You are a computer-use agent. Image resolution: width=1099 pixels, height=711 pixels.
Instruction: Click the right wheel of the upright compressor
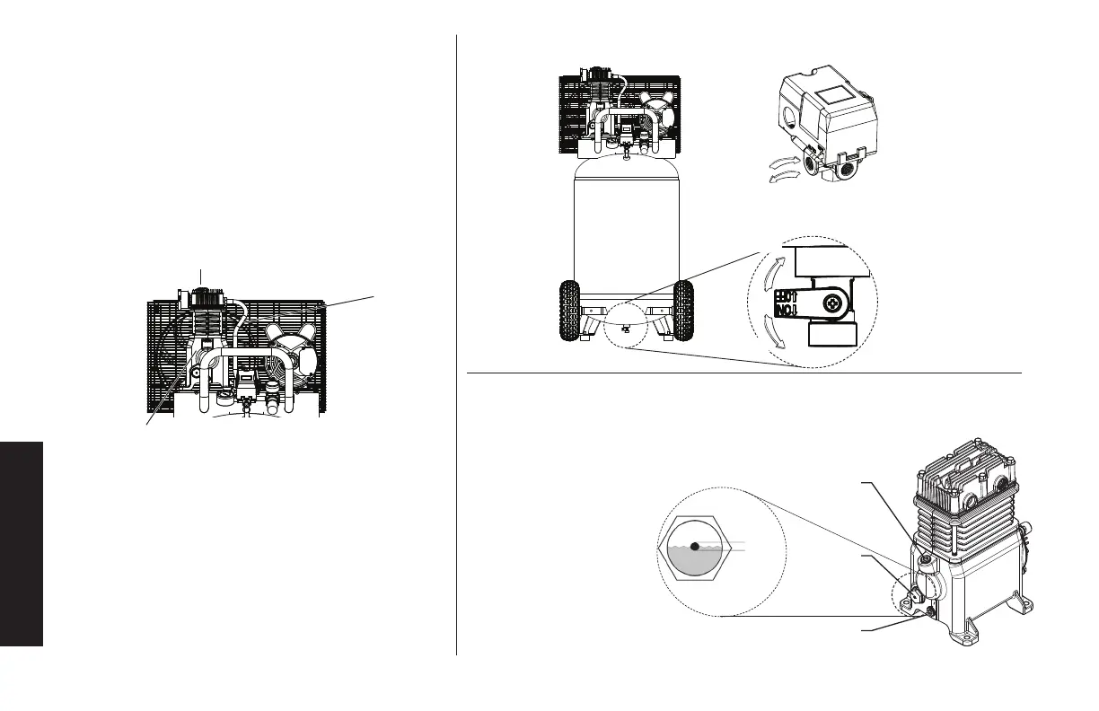pos(683,311)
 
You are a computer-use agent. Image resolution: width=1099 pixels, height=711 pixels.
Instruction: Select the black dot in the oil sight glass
pos(695,546)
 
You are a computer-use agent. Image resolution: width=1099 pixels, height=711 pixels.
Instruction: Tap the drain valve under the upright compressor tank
pos(625,329)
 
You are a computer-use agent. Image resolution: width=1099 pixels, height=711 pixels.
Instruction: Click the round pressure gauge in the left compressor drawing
pos(270,391)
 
